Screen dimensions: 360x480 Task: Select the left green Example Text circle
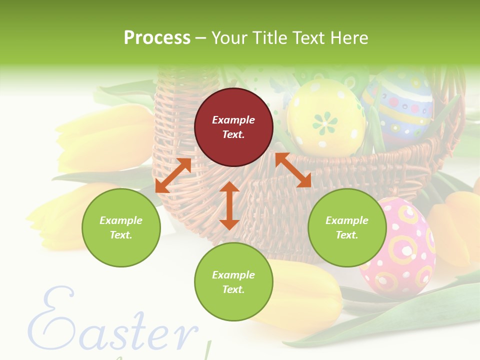pyautogui.click(x=121, y=227)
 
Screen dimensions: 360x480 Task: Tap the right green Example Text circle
pyautogui.click(x=347, y=227)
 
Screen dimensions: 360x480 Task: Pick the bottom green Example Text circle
pyautogui.click(x=233, y=282)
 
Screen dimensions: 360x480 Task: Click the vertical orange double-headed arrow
pyautogui.click(x=229, y=205)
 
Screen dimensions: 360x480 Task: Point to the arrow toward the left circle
pyautogui.click(x=173, y=175)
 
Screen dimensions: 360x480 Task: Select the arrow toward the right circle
pyautogui.click(x=293, y=170)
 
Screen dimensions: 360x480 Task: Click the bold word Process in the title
pyautogui.click(x=157, y=38)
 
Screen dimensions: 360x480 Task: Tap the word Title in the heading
pyautogui.click(x=270, y=38)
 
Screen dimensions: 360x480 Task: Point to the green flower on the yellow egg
pyautogui.click(x=325, y=121)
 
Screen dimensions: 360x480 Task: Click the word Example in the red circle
pyautogui.click(x=233, y=120)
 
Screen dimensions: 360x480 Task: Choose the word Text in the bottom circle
pyautogui.click(x=233, y=289)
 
